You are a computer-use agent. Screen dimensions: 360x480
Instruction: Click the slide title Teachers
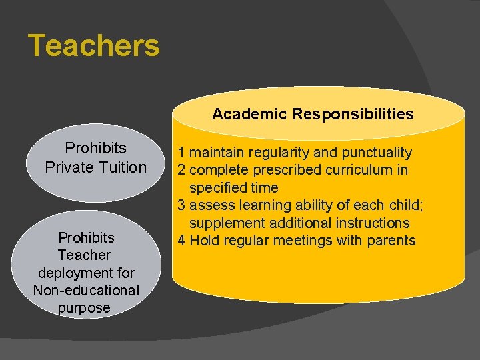coord(94,46)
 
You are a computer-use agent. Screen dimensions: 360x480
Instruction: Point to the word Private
coord(66,167)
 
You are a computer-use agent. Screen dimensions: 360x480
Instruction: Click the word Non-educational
coord(86,290)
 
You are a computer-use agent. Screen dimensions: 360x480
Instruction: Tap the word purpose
coord(84,307)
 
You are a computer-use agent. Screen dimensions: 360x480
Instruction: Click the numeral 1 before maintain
coord(180,153)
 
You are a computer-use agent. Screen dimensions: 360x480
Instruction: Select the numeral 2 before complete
coord(180,170)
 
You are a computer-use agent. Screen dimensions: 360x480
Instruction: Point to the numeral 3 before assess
coord(180,205)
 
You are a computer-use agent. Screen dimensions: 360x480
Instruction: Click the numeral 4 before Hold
coord(180,241)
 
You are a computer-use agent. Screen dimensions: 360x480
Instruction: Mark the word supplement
coord(223,223)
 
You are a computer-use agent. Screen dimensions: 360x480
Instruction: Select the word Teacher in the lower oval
coord(84,255)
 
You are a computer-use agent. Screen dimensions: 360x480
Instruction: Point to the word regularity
coord(278,153)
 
